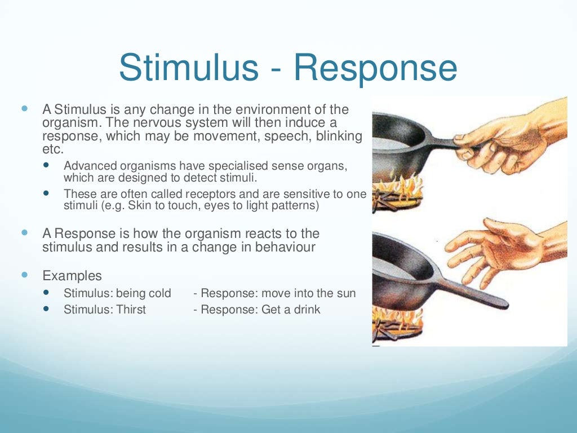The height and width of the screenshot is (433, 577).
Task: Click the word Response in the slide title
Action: pyautogui.click(x=375, y=69)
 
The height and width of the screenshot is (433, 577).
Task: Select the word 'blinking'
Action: pyautogui.click(x=336, y=136)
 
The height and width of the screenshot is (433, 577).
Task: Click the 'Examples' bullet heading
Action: pyautogui.click(x=72, y=276)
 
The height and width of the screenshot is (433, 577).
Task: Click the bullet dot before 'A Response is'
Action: pyautogui.click(x=24, y=232)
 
